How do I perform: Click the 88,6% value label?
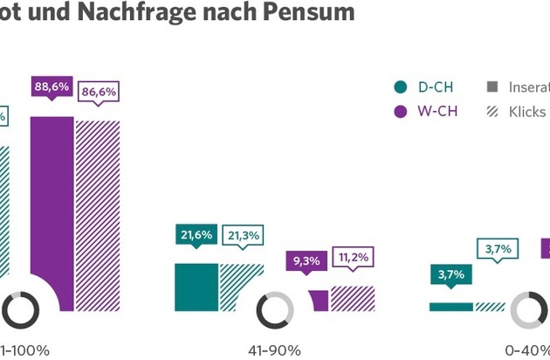(52, 88)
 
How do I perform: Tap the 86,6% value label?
(97, 91)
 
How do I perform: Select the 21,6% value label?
(196, 233)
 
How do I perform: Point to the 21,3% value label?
(241, 235)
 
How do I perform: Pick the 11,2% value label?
(353, 258)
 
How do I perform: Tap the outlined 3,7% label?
(497, 249)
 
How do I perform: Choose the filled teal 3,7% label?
(451, 274)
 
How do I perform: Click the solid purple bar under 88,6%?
(52, 210)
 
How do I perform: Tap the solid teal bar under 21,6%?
(196, 287)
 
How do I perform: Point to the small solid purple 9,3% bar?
(320, 300)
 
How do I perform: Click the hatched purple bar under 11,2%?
(353, 298)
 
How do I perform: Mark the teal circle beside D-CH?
(401, 87)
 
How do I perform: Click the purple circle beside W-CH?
(401, 111)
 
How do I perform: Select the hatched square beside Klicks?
(492, 111)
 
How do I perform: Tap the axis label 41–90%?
(274, 350)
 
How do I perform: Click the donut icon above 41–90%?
(276, 310)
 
